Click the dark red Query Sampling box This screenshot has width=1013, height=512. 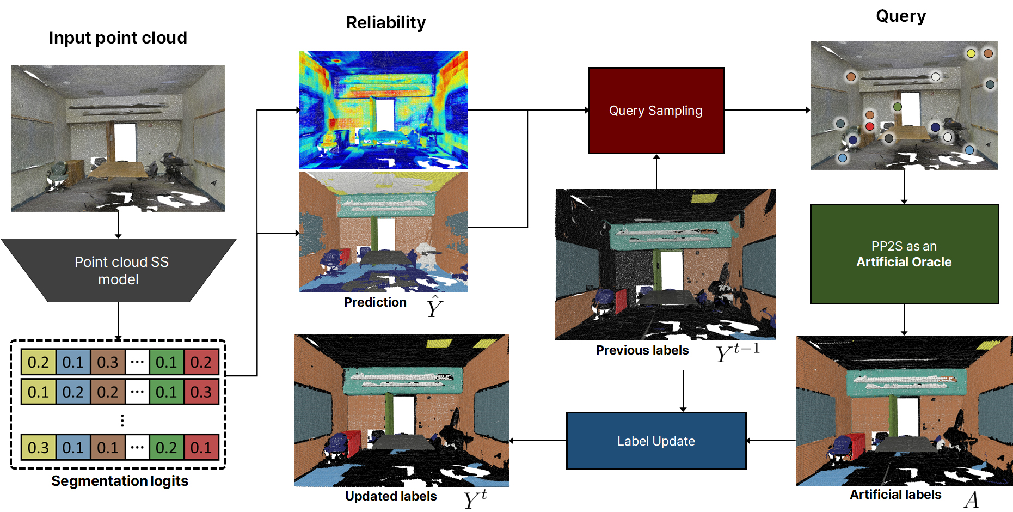[656, 111]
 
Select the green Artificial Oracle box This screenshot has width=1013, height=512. [904, 254]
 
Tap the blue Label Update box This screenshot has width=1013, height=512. [656, 441]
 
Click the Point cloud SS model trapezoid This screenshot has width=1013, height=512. [119, 270]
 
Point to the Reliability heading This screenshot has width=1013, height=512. [385, 22]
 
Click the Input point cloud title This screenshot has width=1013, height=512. [118, 38]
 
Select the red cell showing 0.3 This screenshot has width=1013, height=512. [201, 392]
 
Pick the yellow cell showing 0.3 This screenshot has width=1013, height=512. [38, 448]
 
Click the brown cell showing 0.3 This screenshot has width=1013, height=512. [107, 362]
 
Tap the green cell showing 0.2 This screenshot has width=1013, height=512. [166, 448]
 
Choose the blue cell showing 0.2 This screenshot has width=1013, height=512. [73, 392]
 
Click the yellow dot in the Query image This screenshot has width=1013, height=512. [971, 53]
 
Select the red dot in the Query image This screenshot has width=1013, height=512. [870, 126]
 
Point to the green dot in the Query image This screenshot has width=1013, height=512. [898, 107]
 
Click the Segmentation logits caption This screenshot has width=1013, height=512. [119, 481]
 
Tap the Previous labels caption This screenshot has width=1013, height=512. [642, 350]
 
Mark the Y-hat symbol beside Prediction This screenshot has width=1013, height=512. [434, 307]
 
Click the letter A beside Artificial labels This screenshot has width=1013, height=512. [971, 499]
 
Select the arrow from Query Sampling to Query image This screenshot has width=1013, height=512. [767, 111]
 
